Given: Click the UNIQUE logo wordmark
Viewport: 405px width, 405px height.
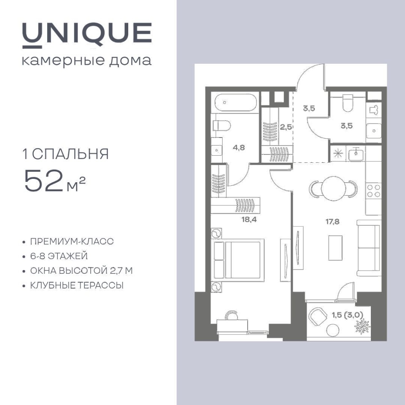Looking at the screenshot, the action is click(x=87, y=35).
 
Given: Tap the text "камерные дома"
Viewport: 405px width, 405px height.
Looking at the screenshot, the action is click(x=87, y=61).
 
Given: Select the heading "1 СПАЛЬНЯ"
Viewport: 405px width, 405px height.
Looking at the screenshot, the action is click(x=66, y=154).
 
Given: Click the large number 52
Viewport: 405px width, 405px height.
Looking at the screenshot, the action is click(x=43, y=181).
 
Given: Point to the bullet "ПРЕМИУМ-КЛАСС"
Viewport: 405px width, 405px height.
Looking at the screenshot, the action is click(x=72, y=241).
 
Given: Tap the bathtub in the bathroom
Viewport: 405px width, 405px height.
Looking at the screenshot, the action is click(x=235, y=102).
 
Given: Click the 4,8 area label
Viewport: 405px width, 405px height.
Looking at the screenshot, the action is click(x=239, y=148).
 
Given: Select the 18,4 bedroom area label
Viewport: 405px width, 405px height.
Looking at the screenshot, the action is click(x=249, y=219).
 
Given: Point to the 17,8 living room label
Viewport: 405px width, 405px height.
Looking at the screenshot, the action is click(x=332, y=221).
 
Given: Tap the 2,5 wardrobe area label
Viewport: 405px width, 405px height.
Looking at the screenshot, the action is click(x=286, y=127).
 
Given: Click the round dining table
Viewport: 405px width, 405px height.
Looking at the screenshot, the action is click(x=333, y=188).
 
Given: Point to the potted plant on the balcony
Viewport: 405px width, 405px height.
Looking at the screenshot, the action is click(x=362, y=326).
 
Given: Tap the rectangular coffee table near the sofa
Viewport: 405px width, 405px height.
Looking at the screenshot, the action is click(x=335, y=248).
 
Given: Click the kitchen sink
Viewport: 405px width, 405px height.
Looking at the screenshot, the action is click(x=356, y=154).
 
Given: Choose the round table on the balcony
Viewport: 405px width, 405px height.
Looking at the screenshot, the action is click(x=332, y=330).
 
